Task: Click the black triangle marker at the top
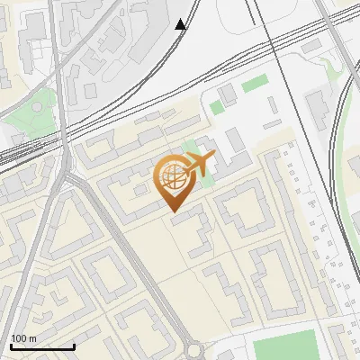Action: (181, 24)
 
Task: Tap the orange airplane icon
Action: (199, 164)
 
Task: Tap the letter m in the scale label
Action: (33, 338)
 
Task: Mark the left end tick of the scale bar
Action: (11, 346)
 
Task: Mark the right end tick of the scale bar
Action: (74, 346)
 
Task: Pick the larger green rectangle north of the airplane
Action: (255, 84)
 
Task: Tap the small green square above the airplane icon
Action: (216, 107)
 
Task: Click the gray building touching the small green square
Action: (226, 94)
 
